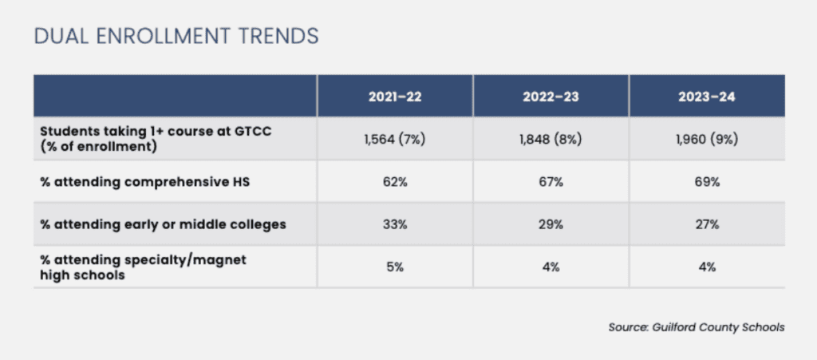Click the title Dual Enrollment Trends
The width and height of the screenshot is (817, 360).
point(176,36)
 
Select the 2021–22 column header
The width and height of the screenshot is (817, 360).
point(395,97)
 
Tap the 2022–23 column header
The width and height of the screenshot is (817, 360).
point(551,97)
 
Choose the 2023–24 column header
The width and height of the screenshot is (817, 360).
point(708,97)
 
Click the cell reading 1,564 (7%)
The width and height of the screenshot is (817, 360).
point(395,140)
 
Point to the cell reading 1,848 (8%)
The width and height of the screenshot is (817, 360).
point(551,140)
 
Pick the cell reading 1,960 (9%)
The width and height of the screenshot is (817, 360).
point(708,140)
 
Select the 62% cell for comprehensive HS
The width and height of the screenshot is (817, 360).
point(395,182)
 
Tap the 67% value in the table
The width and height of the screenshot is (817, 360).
point(551,182)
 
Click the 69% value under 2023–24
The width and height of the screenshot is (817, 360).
point(708,182)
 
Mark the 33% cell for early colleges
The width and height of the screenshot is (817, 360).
point(395,224)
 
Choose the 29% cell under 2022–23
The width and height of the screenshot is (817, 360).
point(551,224)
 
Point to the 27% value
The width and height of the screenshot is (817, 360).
point(708,224)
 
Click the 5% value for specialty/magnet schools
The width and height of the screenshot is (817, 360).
point(395,267)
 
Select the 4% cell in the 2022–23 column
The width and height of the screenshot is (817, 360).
point(551,267)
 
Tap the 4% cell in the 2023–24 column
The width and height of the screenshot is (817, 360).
point(708,267)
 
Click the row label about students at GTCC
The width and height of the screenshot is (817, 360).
point(156,139)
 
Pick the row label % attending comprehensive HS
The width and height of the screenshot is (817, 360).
point(145,182)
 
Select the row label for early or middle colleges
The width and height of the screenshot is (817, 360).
point(163,224)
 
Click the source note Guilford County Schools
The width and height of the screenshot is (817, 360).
point(696,328)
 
